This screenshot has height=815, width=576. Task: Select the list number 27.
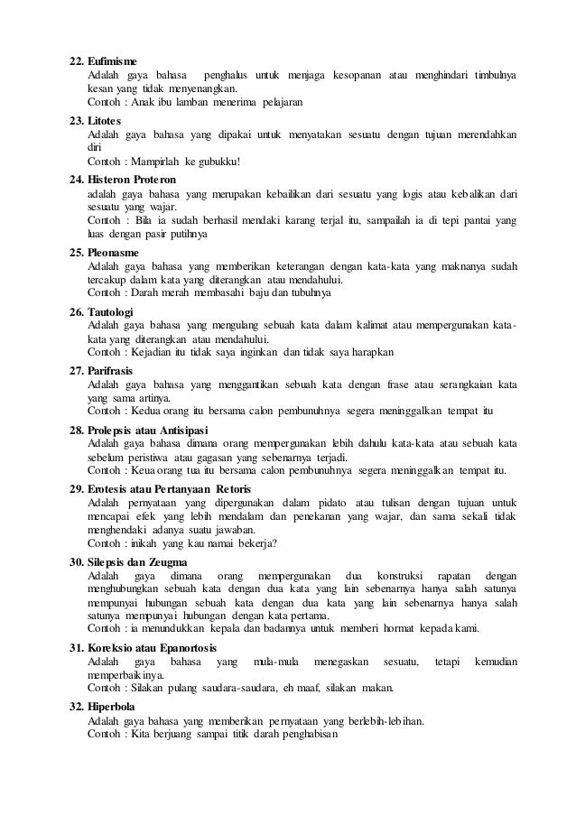pos(76,370)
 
